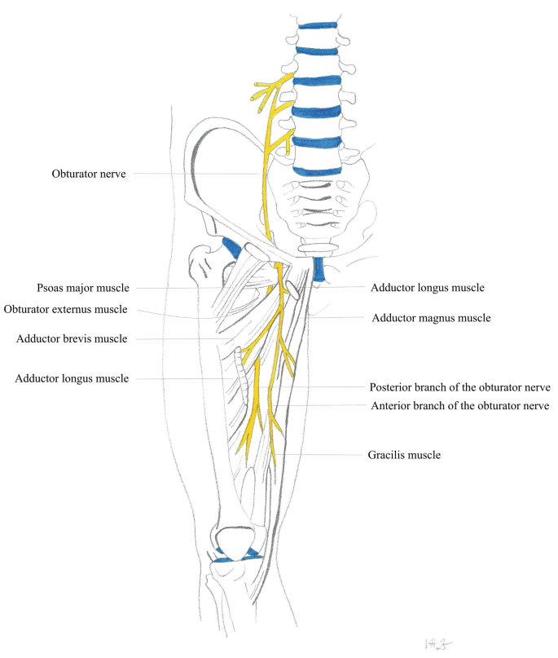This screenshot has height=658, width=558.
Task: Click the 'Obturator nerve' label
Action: pos(89,174)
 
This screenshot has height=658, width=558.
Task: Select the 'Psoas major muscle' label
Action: pos(83,289)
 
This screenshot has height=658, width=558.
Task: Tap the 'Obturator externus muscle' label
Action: pos(65,309)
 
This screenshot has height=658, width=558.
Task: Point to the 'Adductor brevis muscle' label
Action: pos(72,338)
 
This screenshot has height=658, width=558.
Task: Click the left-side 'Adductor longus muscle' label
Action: pos(72,378)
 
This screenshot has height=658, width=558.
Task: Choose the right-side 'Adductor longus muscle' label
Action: pos(428,288)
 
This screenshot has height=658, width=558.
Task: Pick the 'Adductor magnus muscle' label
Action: pos(431,318)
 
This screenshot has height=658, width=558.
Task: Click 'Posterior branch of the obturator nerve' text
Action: pos(460,387)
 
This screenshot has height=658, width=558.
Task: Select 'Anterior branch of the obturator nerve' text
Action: pos(460,406)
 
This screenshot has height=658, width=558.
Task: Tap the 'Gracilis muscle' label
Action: pos(404,455)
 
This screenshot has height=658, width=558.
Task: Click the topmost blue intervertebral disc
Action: pos(318,25)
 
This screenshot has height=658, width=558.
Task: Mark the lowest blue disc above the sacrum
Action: pos(318,171)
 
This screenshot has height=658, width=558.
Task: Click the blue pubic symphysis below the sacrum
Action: pos(319,269)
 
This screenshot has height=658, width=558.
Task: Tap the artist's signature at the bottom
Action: pos(438,644)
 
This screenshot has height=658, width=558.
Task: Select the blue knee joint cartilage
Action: pos(238,556)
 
